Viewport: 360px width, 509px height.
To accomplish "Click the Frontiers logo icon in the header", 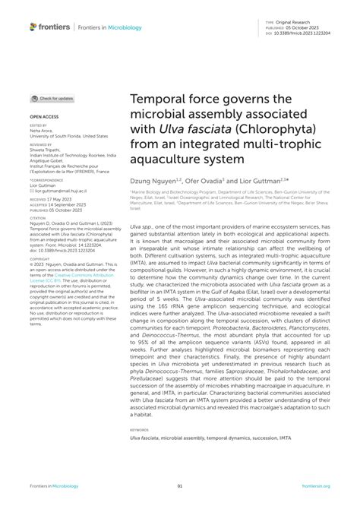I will pyautogui.click(x=33, y=27).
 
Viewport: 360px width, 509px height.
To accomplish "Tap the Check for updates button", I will pyautogui.click(x=52, y=99).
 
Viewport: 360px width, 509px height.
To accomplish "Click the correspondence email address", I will pyautogui.click(x=58, y=191).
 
